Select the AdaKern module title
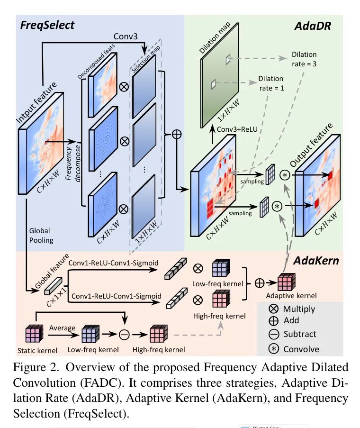312,260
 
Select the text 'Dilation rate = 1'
271,83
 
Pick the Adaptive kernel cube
285,282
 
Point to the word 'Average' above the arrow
62,328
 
